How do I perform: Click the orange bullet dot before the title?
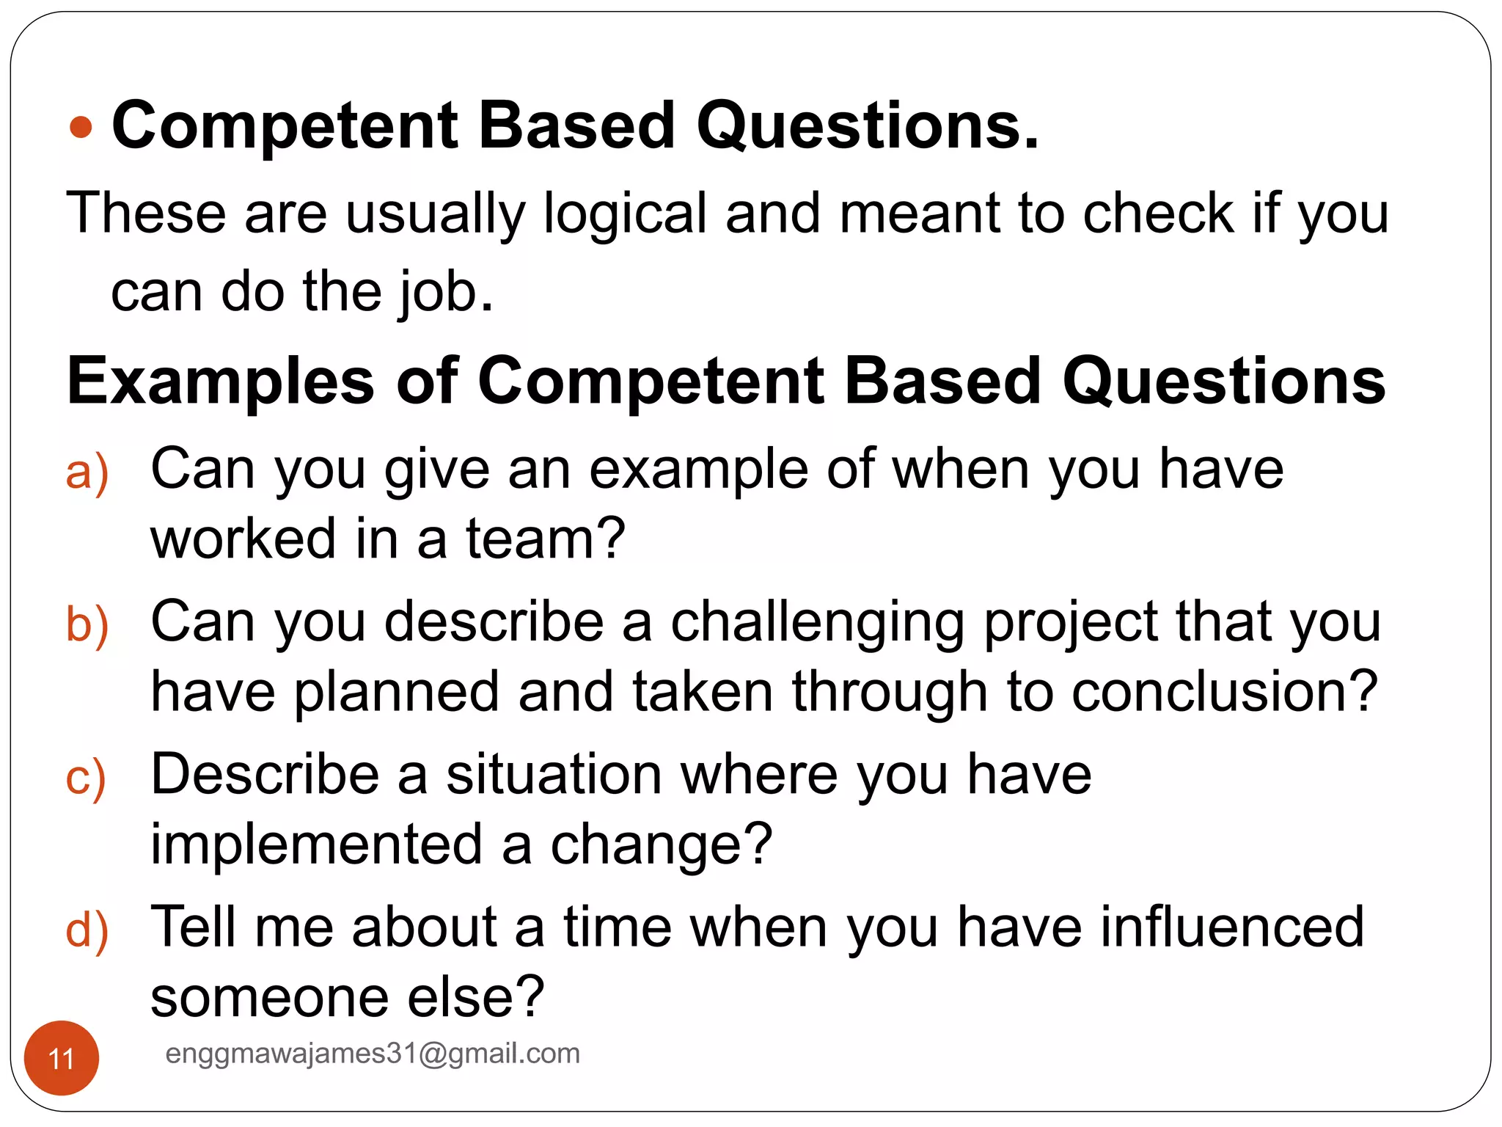[81, 128]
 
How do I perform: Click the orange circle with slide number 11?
[62, 1058]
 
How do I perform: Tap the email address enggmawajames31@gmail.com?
[373, 1053]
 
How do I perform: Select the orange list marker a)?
[87, 472]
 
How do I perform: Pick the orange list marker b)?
[87, 624]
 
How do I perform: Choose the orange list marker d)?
[87, 930]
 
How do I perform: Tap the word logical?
[625, 214]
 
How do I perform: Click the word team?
[545, 539]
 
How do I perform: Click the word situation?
[554, 775]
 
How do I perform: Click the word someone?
[269, 998]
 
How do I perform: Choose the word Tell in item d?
[192, 927]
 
